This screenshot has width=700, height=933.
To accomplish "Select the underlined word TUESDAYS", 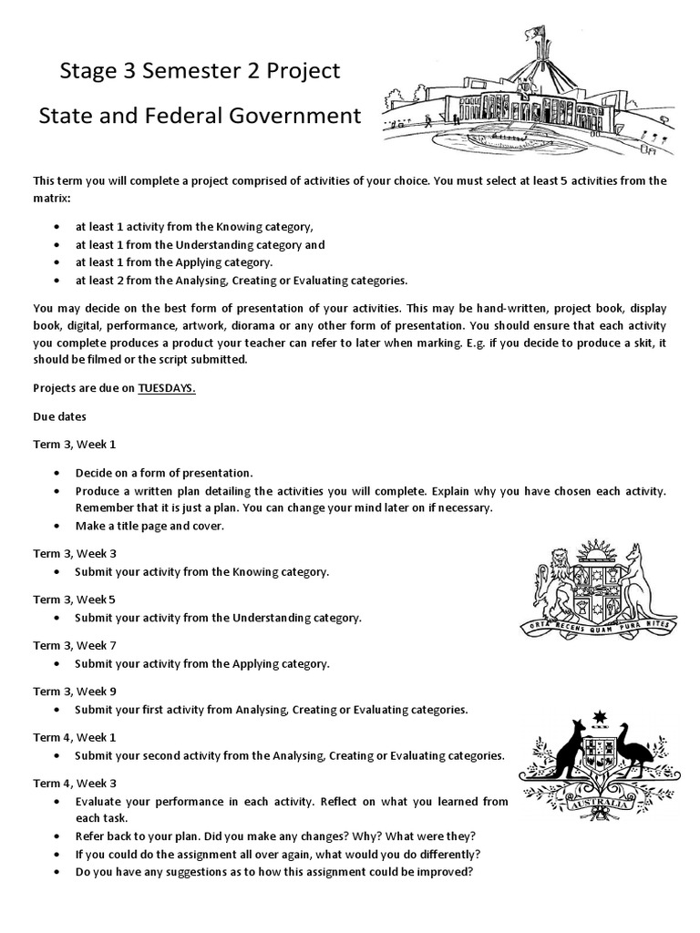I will pos(167,387).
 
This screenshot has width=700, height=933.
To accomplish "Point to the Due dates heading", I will pos(60,415).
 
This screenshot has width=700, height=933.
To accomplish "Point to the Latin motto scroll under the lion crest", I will pos(598,626).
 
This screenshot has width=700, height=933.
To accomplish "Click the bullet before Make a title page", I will pos(57,526).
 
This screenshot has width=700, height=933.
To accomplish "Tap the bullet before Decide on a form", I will pos(57,473).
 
